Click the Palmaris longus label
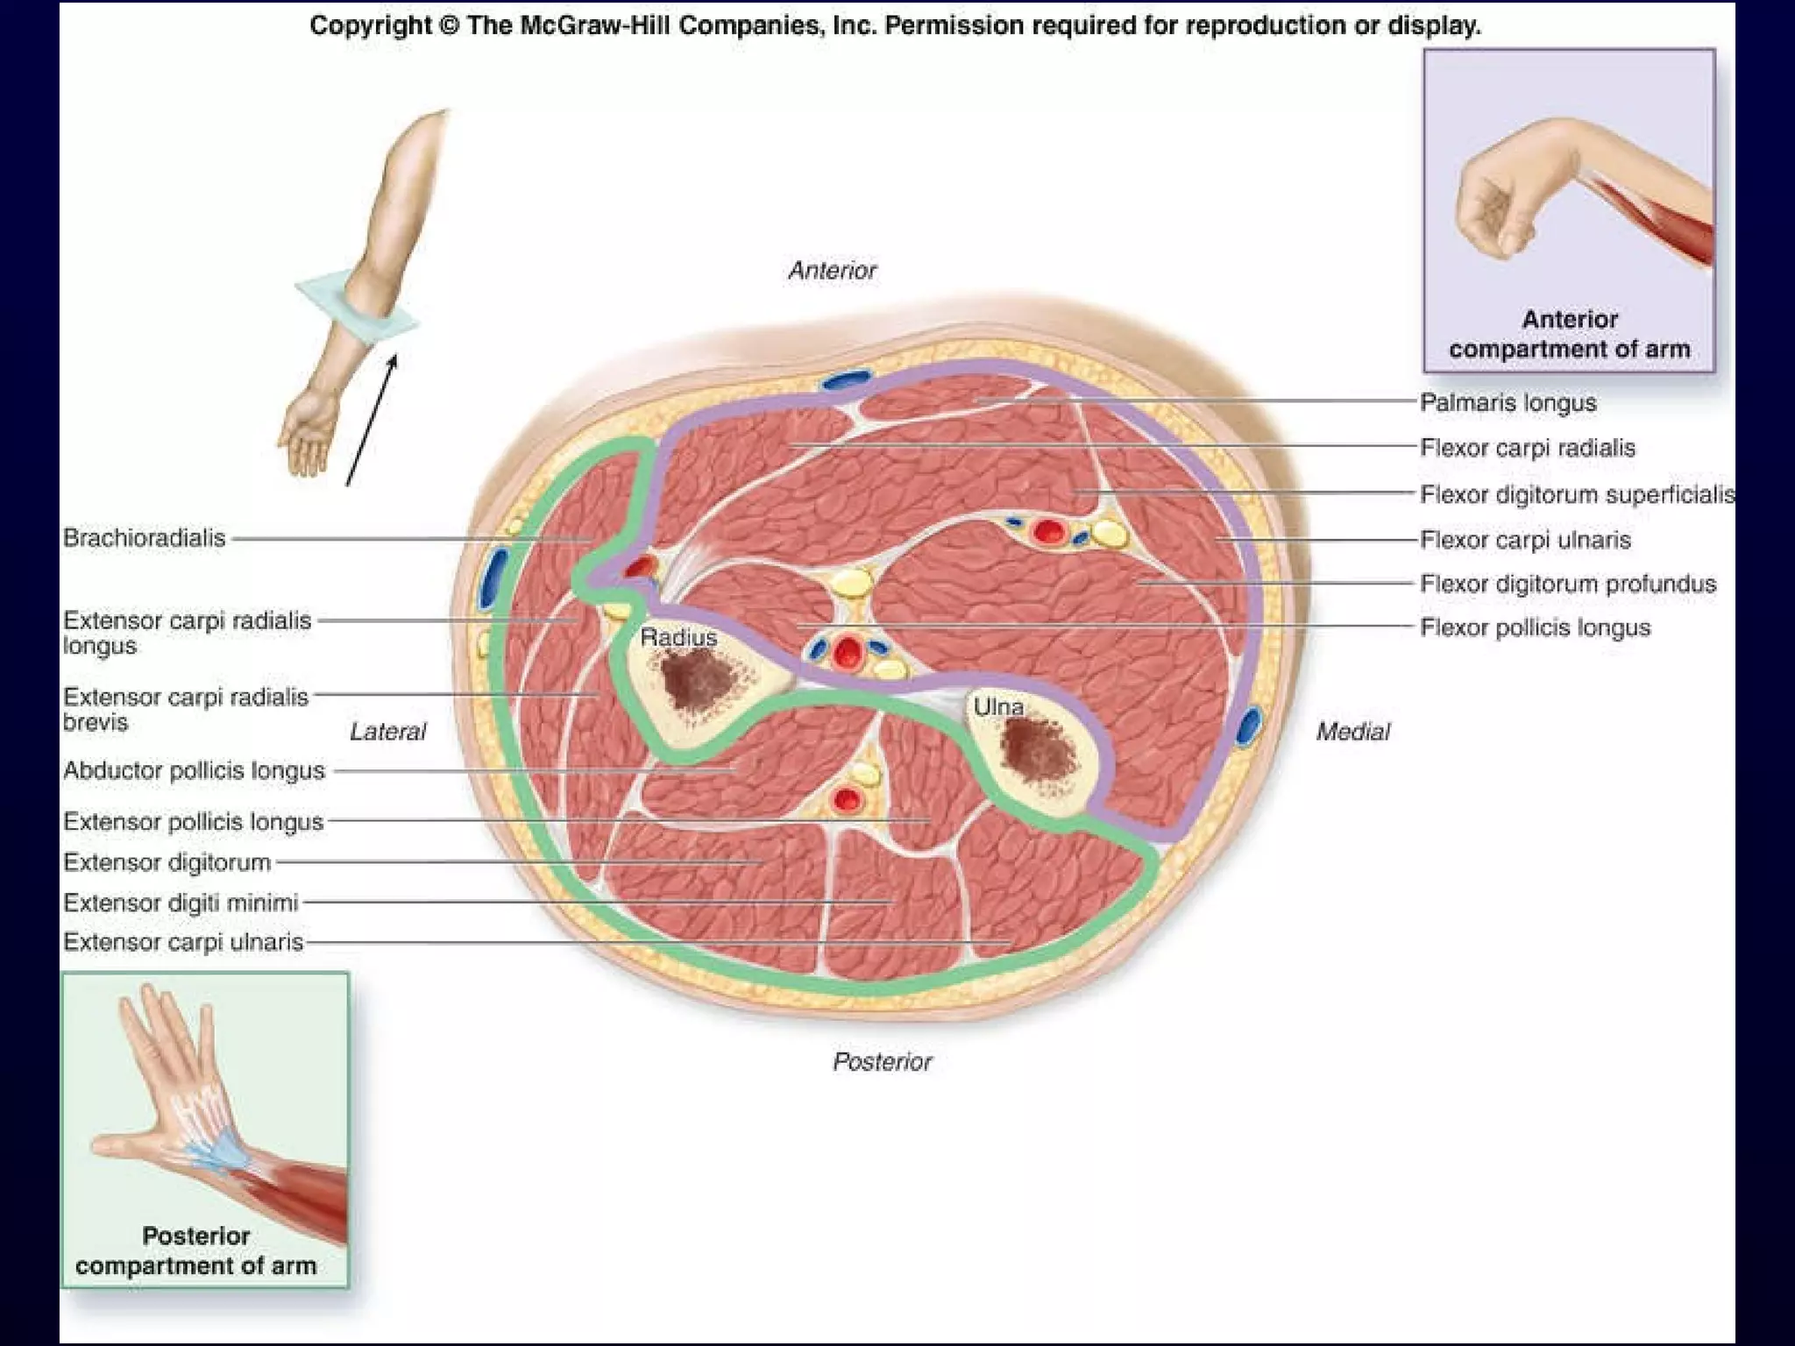tap(1508, 402)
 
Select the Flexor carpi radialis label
tap(1527, 448)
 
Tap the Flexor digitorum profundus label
tap(1567, 584)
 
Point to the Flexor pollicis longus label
tap(1535, 627)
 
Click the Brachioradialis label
tap(145, 538)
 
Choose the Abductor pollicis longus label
tap(194, 771)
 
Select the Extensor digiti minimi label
tap(181, 903)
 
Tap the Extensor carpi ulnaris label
tap(183, 942)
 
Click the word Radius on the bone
tap(678, 637)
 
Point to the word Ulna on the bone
tap(998, 706)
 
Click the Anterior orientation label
tap(832, 271)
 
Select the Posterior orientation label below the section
tap(882, 1062)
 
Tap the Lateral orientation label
tap(387, 732)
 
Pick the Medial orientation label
tap(1352, 732)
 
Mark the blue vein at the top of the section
tap(846, 379)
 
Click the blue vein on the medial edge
tap(1248, 726)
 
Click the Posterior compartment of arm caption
tap(195, 1250)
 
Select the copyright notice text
tap(895, 25)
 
